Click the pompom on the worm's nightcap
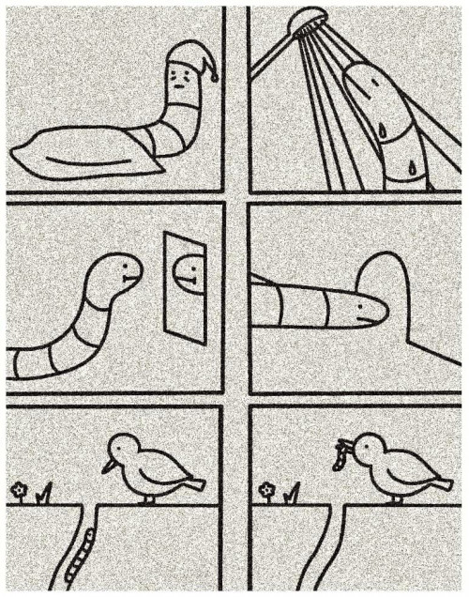[215, 75]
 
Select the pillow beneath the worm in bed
[94, 150]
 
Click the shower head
[307, 23]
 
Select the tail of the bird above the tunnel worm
[192, 482]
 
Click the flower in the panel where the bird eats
[267, 489]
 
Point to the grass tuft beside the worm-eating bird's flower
[293, 491]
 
